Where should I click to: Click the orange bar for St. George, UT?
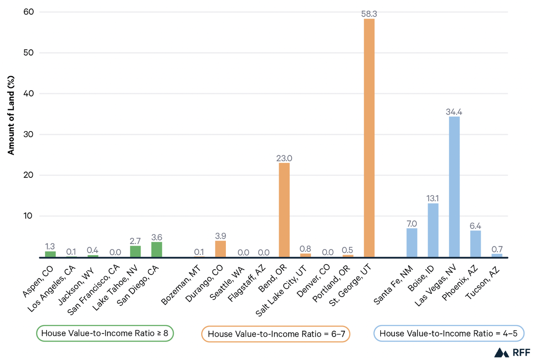click(x=369, y=137)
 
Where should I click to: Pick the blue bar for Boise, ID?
click(x=433, y=230)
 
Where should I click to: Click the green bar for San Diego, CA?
click(x=157, y=250)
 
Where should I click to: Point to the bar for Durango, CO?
click(x=220, y=249)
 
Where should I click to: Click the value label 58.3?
click(x=369, y=14)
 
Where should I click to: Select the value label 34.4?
click(x=454, y=112)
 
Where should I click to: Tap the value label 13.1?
click(x=433, y=198)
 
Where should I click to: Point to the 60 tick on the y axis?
click(x=29, y=12)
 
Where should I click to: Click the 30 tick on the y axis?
click(x=29, y=134)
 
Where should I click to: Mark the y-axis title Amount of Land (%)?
click(x=11, y=116)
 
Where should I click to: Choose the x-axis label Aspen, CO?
click(x=38, y=281)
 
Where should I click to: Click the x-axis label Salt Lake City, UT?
click(x=282, y=291)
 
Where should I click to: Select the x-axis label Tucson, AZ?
click(x=483, y=283)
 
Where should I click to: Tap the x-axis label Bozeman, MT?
click(x=181, y=285)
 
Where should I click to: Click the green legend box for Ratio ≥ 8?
click(x=105, y=333)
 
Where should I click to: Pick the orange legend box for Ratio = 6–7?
click(x=276, y=334)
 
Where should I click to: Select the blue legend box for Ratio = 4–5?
click(x=448, y=333)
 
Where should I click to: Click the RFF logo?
click(x=512, y=352)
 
